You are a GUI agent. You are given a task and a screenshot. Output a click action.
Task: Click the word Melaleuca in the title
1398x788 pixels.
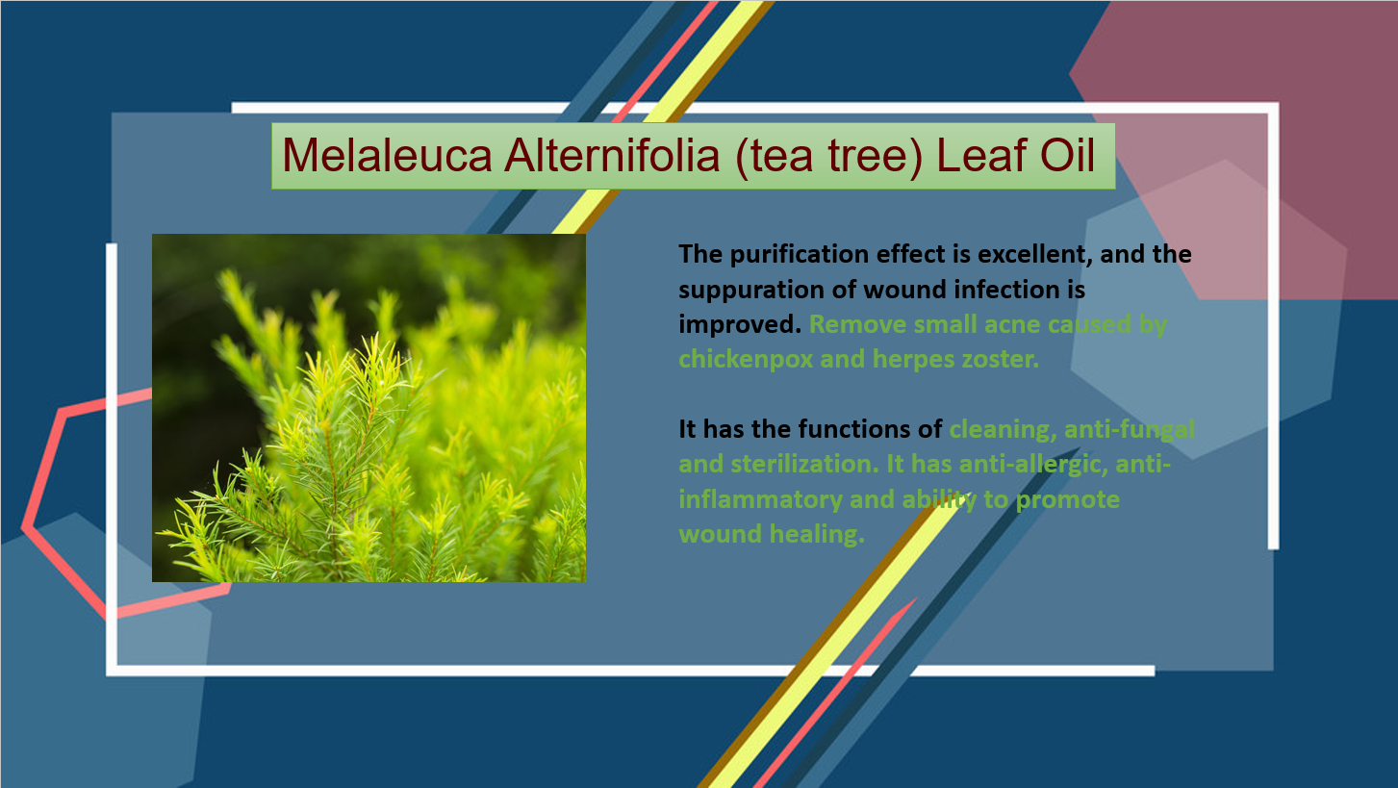387,155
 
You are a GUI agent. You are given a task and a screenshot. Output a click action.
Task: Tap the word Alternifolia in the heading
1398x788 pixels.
612,155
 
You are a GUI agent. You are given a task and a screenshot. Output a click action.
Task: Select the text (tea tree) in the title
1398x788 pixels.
828,157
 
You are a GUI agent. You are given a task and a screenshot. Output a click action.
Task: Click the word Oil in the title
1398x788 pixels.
1067,155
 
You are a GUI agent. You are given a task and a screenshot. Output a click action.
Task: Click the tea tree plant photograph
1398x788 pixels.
369,408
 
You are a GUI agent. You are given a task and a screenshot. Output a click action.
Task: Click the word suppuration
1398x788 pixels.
749,291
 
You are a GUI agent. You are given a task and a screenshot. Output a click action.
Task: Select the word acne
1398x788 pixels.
1008,325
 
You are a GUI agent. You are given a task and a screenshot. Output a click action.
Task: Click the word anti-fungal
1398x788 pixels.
1129,430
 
